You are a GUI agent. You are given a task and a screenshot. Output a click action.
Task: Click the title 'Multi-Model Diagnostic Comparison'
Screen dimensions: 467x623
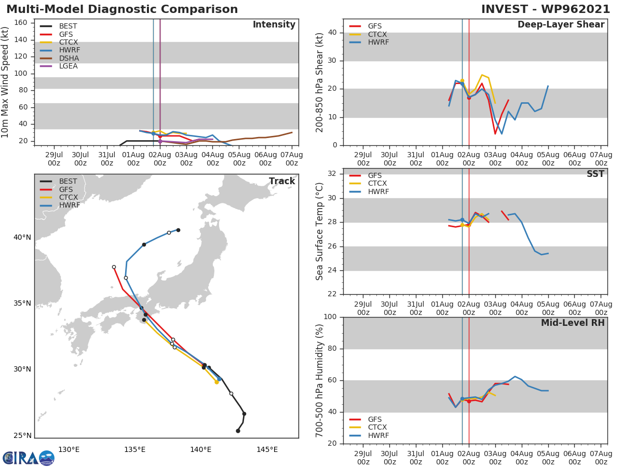click(122, 9)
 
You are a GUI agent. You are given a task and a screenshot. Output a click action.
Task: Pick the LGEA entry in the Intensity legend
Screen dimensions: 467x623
click(68, 66)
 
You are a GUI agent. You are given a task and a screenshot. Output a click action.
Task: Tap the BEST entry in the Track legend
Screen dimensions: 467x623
click(68, 181)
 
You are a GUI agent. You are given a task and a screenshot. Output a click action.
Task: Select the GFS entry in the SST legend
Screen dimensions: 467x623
click(374, 175)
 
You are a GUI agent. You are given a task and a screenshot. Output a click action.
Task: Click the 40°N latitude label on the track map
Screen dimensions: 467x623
click(22, 237)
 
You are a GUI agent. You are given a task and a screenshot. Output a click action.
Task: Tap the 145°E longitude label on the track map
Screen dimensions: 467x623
click(267, 449)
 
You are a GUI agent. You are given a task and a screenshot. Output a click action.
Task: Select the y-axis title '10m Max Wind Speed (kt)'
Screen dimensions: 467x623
click(6, 82)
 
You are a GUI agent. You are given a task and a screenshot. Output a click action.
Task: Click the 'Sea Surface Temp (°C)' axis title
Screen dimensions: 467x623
click(320, 231)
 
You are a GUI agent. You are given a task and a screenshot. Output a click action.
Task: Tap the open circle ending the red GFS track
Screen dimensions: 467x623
click(114, 267)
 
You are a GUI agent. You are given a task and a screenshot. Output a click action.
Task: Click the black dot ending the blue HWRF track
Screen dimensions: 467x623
click(178, 230)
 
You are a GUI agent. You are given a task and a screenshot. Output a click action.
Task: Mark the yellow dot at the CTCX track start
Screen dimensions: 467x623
click(216, 382)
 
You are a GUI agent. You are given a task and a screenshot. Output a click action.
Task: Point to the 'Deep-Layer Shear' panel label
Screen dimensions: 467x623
click(561, 25)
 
